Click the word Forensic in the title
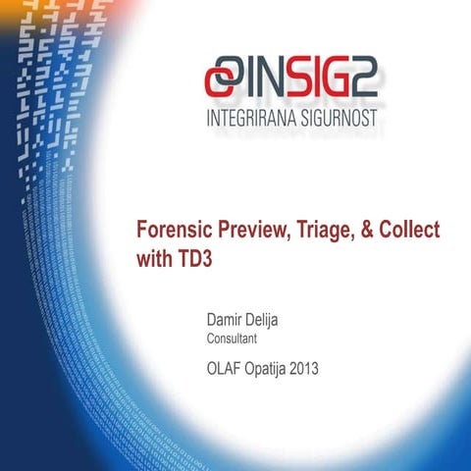pyautogui.click(x=173, y=231)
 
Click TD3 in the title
pyautogui.click(x=195, y=260)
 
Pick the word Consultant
pyautogui.click(x=232, y=340)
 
